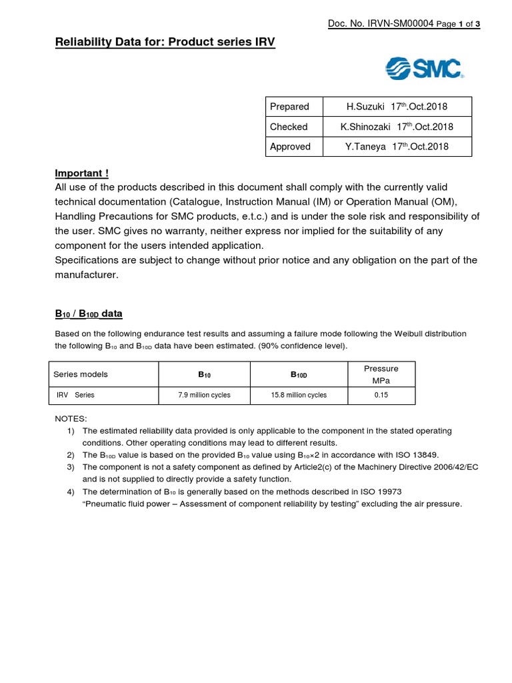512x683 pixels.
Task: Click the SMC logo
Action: [x=425, y=69]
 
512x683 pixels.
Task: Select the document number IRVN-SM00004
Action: [x=379, y=24]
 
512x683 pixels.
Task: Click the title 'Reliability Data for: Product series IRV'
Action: [x=164, y=43]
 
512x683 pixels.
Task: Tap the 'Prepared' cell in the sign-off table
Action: [x=289, y=107]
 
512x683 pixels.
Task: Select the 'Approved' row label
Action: [x=290, y=147]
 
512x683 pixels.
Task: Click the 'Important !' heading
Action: [x=81, y=173]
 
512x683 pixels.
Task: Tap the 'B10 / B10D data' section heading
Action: [x=88, y=313]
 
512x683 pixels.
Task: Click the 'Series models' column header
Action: [x=80, y=374]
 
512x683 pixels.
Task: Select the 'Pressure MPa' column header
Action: [x=381, y=374]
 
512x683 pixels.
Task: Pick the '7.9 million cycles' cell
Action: [x=204, y=395]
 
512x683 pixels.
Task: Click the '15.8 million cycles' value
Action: [x=299, y=395]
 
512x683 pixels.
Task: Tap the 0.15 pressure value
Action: [x=381, y=395]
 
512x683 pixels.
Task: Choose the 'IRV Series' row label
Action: [x=75, y=395]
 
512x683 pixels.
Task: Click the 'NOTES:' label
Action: [x=70, y=418]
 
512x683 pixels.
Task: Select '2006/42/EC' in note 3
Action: [x=453, y=467]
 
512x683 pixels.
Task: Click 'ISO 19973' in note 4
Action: [x=378, y=492]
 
